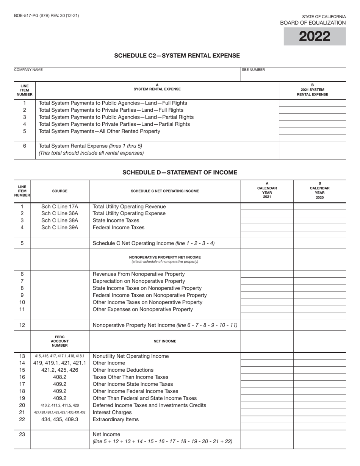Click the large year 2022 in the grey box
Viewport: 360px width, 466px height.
[x=315, y=37]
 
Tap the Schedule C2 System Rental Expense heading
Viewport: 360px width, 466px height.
[x=177, y=56]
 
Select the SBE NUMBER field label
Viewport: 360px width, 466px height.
[x=253, y=70]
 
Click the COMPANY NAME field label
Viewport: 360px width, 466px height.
[x=28, y=70]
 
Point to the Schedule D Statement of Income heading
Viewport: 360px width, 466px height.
[x=180, y=172]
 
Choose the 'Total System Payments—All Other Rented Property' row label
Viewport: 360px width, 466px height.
[x=99, y=131]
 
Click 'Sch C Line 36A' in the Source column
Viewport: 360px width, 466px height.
[x=59, y=213]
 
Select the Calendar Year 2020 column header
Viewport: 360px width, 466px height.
[x=319, y=191]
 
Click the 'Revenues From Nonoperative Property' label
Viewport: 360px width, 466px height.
[x=139, y=274]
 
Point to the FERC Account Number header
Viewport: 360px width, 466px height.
[x=59, y=341]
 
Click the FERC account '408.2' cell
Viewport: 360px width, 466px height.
[x=59, y=377]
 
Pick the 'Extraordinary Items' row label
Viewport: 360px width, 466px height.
[x=116, y=419]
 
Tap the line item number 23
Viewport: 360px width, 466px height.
[x=22, y=434]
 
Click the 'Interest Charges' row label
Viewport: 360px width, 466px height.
[x=112, y=412]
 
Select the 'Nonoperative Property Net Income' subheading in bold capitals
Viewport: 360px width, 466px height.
[x=165, y=257]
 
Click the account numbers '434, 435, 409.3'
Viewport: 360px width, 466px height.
[x=59, y=419]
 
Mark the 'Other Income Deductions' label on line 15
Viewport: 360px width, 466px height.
[x=123, y=370]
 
